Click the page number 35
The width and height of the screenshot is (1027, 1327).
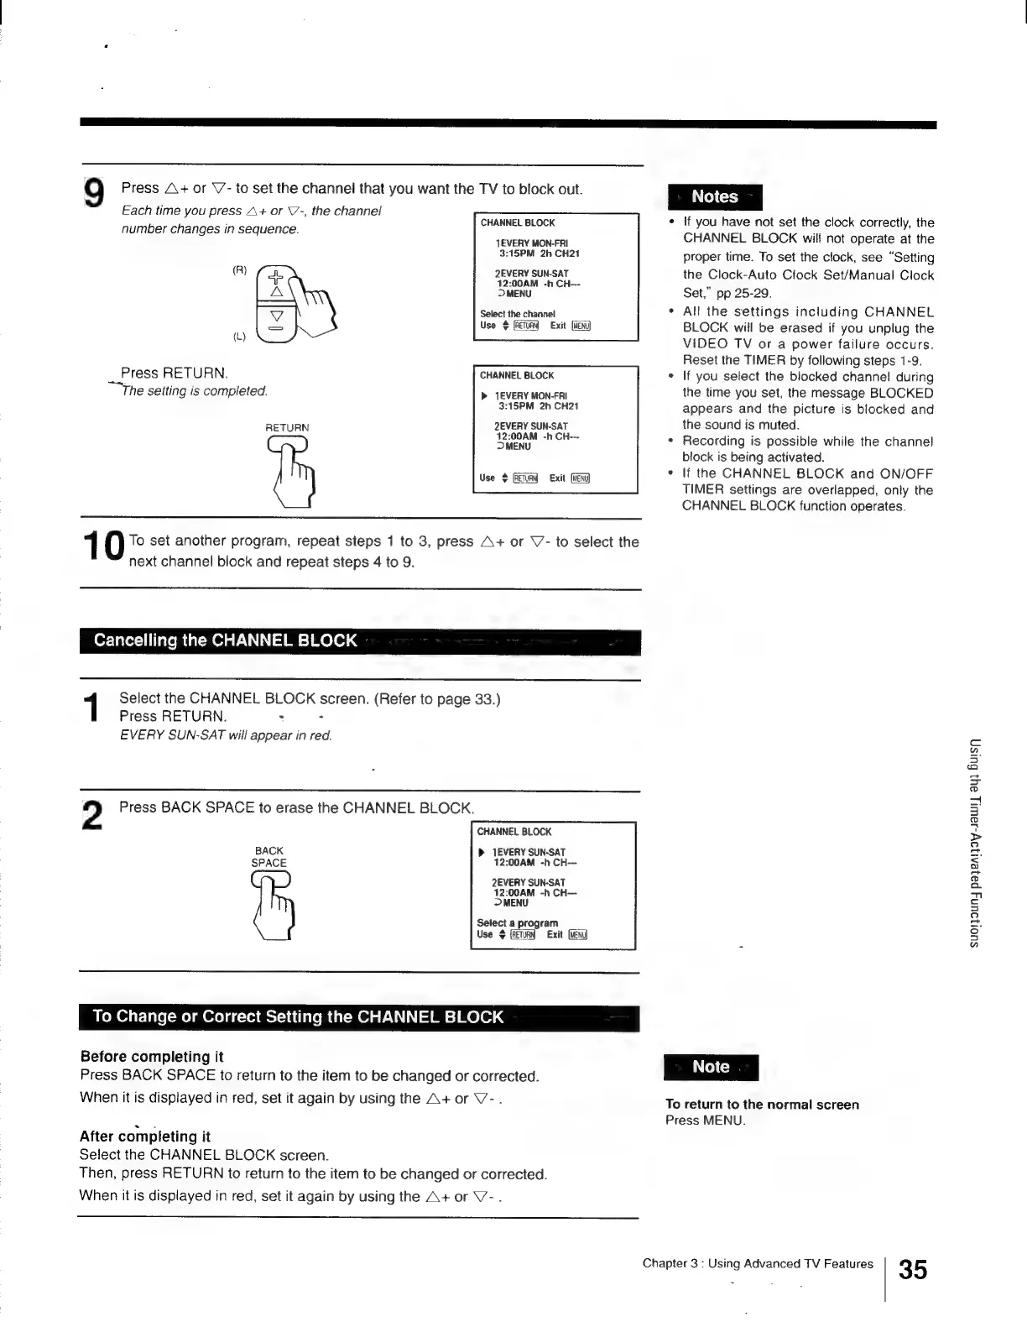click(913, 1269)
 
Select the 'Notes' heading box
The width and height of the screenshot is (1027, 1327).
click(714, 196)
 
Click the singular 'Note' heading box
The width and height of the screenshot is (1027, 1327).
click(711, 1067)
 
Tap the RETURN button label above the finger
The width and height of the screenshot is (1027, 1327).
click(287, 427)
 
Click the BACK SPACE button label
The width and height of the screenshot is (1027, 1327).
click(269, 856)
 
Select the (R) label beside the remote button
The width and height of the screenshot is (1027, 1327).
click(239, 270)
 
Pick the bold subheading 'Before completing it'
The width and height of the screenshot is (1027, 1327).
click(152, 1057)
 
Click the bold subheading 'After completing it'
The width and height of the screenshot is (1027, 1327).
click(145, 1136)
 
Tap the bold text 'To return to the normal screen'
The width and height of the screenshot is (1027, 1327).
click(762, 1105)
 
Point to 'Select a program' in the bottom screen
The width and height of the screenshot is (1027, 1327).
click(517, 922)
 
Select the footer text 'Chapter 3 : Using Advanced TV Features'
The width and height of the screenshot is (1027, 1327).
click(758, 1264)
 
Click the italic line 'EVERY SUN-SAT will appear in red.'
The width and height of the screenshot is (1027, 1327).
click(226, 736)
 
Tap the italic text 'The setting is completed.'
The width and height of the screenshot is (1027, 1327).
click(195, 391)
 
